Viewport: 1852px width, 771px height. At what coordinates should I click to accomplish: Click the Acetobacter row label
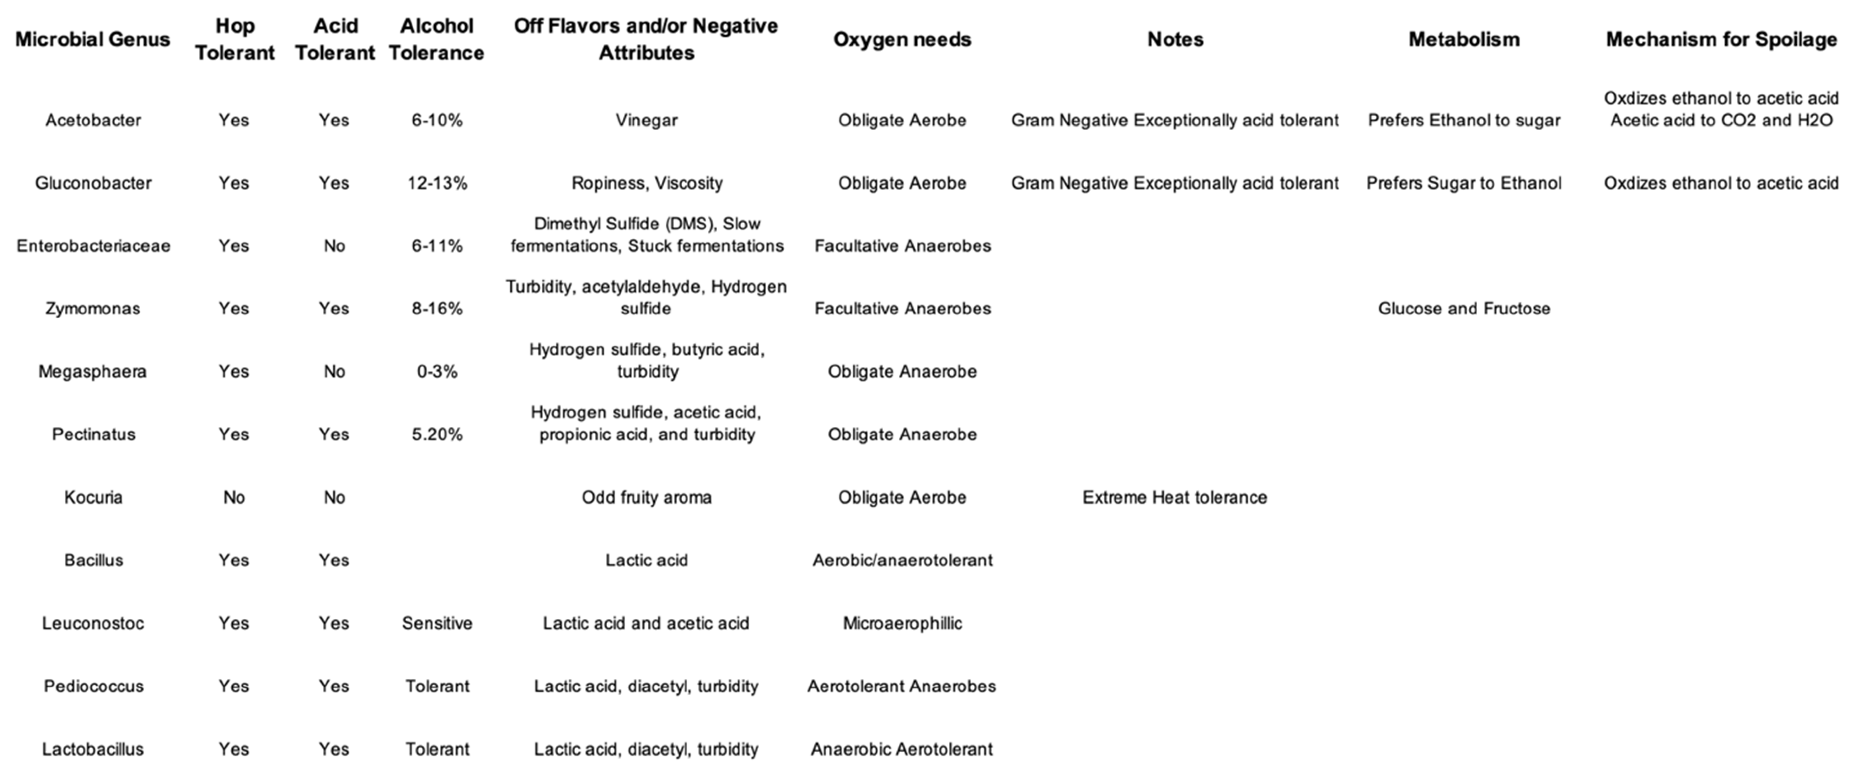[x=93, y=120]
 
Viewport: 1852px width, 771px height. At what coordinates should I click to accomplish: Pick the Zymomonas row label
[x=93, y=308]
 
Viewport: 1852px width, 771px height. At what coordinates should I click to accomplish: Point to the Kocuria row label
[x=93, y=497]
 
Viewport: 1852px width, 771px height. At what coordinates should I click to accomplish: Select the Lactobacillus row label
[x=93, y=749]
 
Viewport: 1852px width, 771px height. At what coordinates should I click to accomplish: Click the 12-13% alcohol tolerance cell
[x=437, y=183]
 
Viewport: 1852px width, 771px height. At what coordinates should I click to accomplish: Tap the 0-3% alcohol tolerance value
[x=437, y=371]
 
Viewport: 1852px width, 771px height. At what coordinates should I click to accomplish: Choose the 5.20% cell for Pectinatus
[x=437, y=434]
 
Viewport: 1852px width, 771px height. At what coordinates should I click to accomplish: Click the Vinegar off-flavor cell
[x=646, y=120]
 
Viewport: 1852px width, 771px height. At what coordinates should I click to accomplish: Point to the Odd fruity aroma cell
[x=646, y=497]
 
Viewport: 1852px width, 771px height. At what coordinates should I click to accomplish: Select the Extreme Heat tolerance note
[x=1175, y=497]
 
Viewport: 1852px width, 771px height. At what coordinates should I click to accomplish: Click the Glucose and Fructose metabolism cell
[x=1464, y=308]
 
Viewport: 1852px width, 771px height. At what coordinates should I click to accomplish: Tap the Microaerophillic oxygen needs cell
[x=902, y=623]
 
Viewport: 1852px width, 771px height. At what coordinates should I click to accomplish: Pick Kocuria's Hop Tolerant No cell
[x=234, y=497]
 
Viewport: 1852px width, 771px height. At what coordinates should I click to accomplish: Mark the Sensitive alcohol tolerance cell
[x=437, y=623]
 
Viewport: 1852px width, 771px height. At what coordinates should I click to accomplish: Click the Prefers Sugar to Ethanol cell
[x=1464, y=183]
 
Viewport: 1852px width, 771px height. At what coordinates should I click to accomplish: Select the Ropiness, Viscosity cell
[x=646, y=183]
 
